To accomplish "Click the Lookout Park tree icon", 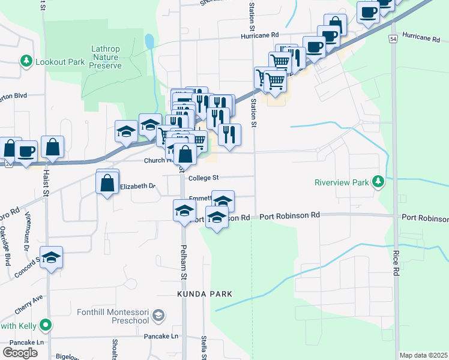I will click(26, 61).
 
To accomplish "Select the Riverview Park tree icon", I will click(378, 181).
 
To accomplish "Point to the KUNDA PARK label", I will click(204, 294).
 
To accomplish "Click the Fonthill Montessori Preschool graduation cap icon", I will click(158, 315).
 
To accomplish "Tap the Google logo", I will click(19, 353).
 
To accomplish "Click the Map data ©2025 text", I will click(423, 355).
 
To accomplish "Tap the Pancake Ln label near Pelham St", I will click(161, 337).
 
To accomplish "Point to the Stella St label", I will click(205, 347).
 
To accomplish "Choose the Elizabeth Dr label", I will click(137, 187).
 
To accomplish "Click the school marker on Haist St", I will click(52, 257).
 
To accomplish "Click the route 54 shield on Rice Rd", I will click(393, 38).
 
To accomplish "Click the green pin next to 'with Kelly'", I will click(44, 326).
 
